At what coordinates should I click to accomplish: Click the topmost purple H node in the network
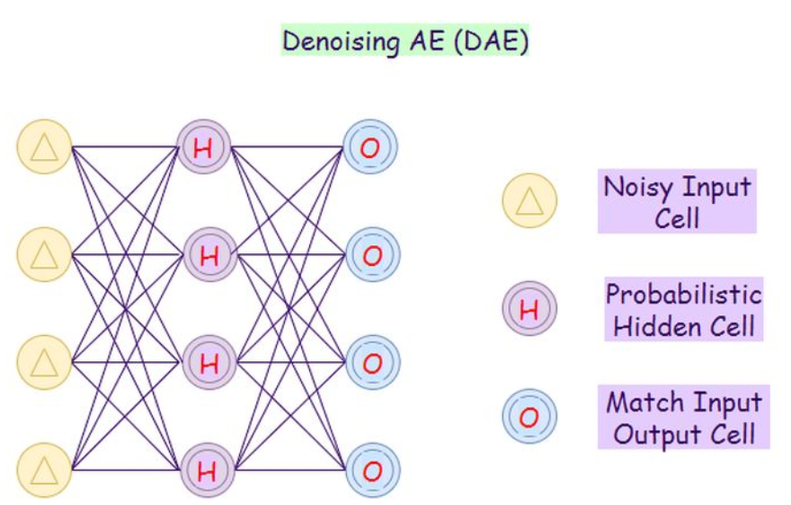pos(204,147)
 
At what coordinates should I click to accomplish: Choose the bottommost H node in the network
pos(206,469)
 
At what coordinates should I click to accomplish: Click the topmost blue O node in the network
pos(369,147)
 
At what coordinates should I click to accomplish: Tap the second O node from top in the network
pos(371,255)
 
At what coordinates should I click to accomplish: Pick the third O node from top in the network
pos(371,362)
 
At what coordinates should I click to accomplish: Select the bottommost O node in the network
pos(371,469)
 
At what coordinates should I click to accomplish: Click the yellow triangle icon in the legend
pos(529,200)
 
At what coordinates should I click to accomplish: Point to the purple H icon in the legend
pos(529,309)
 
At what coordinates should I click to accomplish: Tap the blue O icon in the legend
pos(529,416)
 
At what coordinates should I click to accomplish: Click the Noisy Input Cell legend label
pos(677,202)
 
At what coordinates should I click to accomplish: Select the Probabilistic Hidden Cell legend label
pos(683,309)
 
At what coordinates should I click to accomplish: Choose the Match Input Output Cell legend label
pos(683,417)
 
